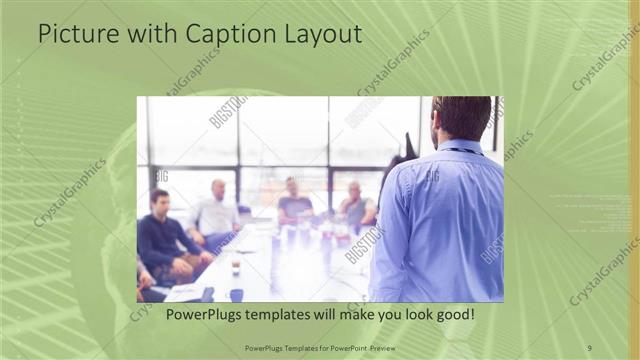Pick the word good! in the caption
(x=451, y=315)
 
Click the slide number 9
(x=589, y=347)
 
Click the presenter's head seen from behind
(x=462, y=118)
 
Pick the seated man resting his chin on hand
(x=354, y=205)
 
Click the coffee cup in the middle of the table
(x=236, y=265)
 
